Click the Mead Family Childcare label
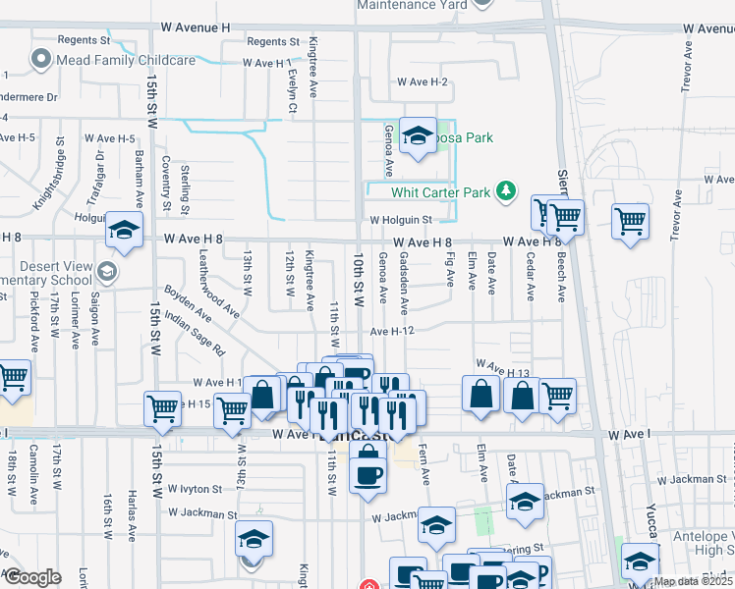(125, 60)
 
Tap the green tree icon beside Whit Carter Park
(506, 189)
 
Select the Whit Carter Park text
(440, 192)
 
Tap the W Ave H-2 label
(423, 81)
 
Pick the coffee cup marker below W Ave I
(368, 473)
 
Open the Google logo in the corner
(31, 577)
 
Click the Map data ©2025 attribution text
(694, 581)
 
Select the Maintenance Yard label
(411, 5)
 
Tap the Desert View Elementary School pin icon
(105, 271)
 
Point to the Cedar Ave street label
(531, 278)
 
